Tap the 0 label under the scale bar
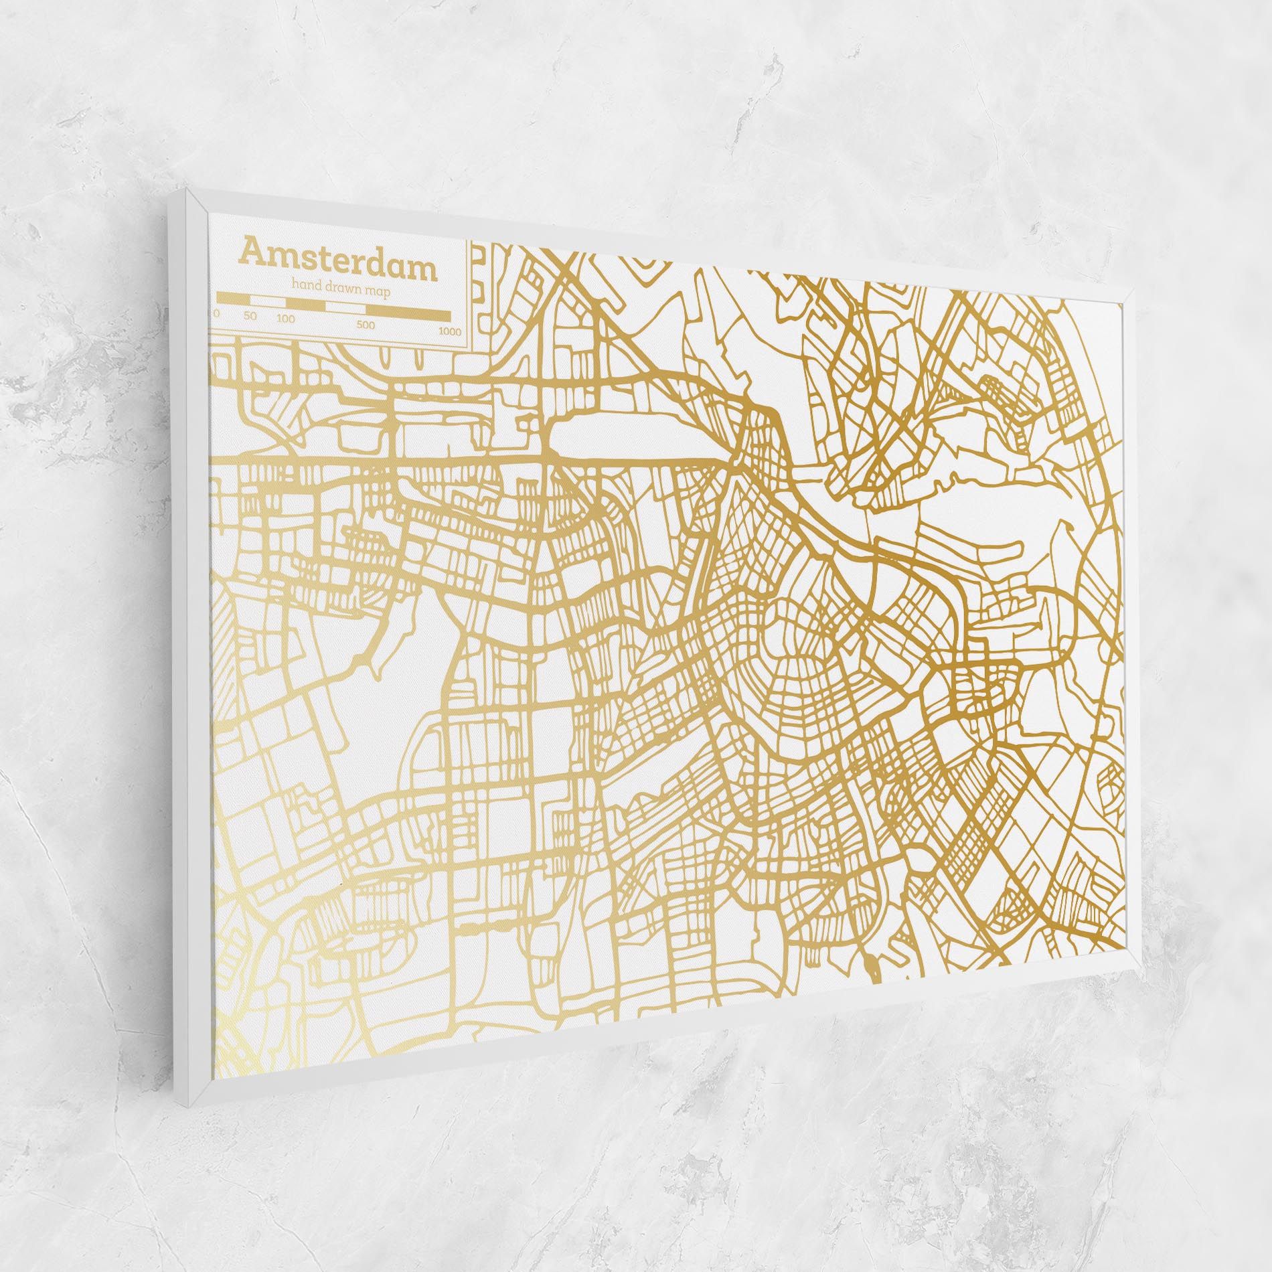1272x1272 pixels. [x=216, y=313]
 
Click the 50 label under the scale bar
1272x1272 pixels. [x=250, y=315]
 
